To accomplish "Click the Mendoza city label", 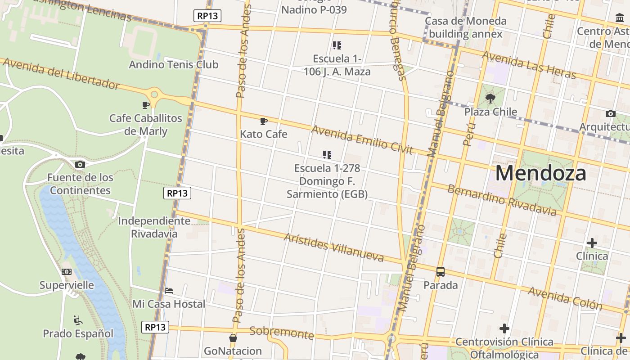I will click(540, 173).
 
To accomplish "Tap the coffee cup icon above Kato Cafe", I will click(264, 121).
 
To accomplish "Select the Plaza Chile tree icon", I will click(490, 98).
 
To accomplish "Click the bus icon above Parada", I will click(441, 272).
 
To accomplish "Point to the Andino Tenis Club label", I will click(173, 64).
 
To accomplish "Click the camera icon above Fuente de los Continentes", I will click(80, 164).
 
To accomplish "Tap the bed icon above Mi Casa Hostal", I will click(169, 290).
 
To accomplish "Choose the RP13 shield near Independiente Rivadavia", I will click(177, 193).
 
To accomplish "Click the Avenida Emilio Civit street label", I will click(361, 139).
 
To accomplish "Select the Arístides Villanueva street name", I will click(333, 247).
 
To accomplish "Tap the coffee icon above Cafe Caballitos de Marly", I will click(146, 105).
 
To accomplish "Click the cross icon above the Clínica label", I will click(592, 243).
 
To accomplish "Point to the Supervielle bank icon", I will click(67, 272).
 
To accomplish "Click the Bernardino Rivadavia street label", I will click(502, 200).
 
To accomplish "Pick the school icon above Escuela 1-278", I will click(327, 155).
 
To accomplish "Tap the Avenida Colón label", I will click(565, 298).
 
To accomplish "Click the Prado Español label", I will click(78, 333).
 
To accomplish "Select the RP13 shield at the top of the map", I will click(208, 16).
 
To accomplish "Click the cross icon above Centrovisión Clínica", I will click(504, 328).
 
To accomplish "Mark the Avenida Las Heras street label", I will click(528, 65).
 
